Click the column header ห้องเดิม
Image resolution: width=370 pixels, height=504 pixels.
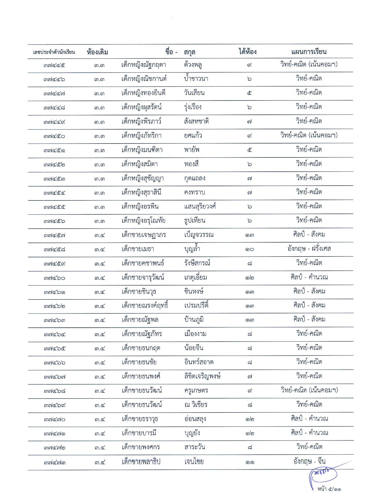[x=97, y=52]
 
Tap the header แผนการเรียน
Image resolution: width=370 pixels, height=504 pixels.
[x=309, y=52]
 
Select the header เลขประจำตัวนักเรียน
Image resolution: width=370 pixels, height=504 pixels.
[x=54, y=52]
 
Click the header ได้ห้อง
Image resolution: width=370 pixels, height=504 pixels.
[x=248, y=52]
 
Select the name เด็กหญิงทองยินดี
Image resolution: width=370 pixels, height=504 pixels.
[x=143, y=93]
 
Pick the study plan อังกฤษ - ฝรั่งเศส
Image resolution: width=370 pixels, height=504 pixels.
[x=309, y=249]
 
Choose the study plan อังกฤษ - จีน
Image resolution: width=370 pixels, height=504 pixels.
[x=309, y=461]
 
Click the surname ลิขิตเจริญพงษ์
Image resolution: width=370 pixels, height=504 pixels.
[x=203, y=376]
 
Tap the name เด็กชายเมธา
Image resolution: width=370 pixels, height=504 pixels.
[x=138, y=249]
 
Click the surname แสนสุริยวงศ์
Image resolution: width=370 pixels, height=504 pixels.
[x=200, y=207]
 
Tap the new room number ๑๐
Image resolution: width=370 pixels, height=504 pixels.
[x=249, y=249]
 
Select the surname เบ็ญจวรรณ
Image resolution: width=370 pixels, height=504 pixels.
[x=199, y=235]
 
